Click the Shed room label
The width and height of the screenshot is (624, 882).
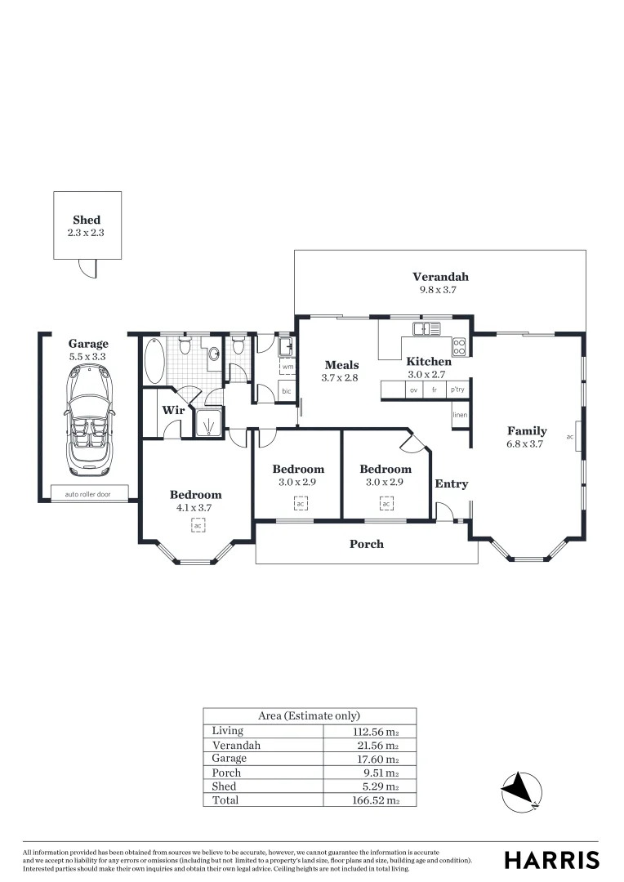[x=87, y=220]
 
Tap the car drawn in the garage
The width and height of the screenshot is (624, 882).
[x=87, y=416]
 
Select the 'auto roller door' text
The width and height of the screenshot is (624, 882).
[x=87, y=493]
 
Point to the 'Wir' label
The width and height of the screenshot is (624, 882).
[x=172, y=410]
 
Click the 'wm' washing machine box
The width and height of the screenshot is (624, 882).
[x=287, y=367]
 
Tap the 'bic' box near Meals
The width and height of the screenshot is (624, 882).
[x=287, y=392]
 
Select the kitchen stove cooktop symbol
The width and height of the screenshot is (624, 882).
[x=459, y=347]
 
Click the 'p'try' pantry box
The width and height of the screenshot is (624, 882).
[x=457, y=390]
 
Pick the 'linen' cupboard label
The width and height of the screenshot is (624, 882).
[x=460, y=416]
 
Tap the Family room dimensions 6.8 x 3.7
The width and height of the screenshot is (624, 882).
[x=527, y=443]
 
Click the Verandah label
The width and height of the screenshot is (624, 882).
[x=440, y=276]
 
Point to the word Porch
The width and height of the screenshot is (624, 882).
[x=367, y=543]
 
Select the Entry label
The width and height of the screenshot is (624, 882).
[x=451, y=483]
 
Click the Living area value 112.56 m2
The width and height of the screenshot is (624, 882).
[x=374, y=731]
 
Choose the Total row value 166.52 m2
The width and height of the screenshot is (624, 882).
[x=374, y=800]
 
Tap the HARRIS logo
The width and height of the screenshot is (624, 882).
[x=551, y=860]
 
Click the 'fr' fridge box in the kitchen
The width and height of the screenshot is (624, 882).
[x=435, y=390]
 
